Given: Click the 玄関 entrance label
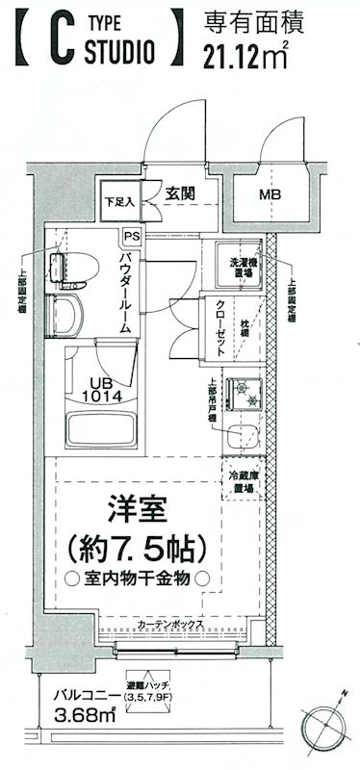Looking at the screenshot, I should (x=179, y=192).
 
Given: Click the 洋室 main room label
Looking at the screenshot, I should (x=140, y=511).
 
